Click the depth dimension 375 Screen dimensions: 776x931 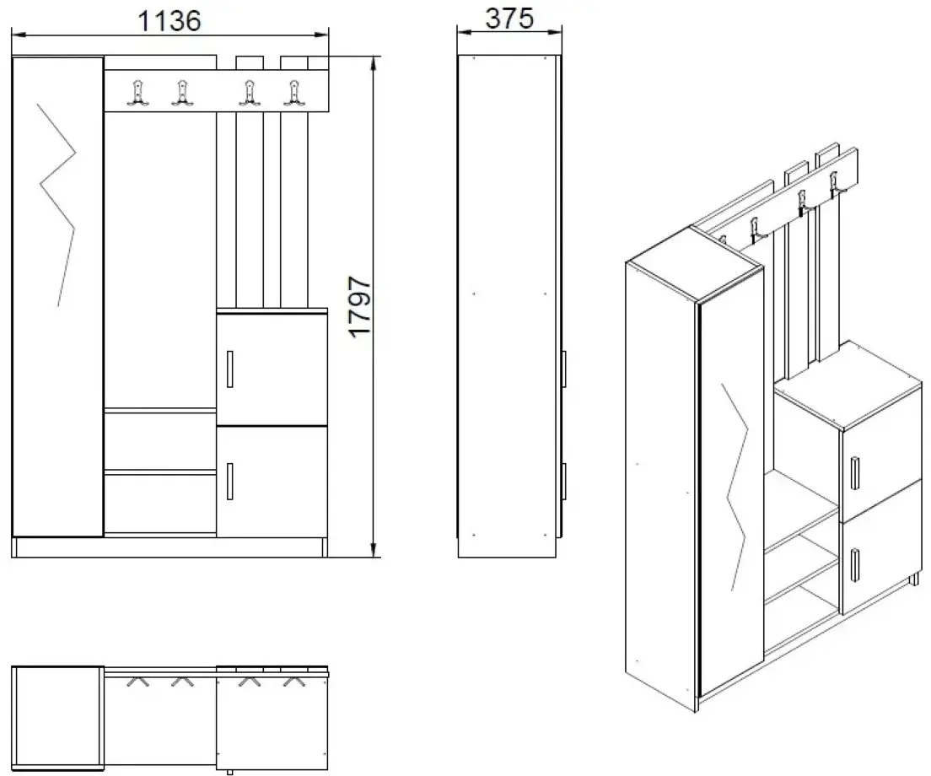(x=509, y=18)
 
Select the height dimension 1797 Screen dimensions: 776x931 (x=362, y=305)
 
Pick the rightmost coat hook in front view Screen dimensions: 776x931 (x=293, y=93)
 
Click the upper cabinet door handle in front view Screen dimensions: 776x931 (x=229, y=369)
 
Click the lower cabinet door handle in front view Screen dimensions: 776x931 (x=229, y=481)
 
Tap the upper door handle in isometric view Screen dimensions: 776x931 (x=854, y=472)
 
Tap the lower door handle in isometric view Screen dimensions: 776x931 (x=854, y=564)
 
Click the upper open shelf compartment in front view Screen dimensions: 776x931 (x=159, y=439)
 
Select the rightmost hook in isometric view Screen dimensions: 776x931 (x=836, y=185)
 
